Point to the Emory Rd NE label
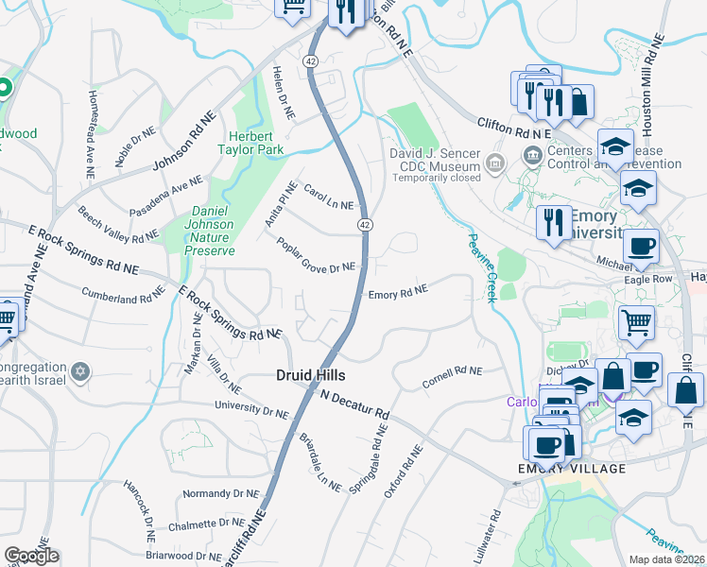tap(398, 293)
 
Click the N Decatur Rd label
tap(354, 404)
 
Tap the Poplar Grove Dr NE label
tap(315, 255)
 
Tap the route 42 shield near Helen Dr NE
tap(311, 60)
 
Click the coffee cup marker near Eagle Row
tap(640, 247)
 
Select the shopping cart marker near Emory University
tap(636, 322)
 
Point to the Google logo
tap(31, 555)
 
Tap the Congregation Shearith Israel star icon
tap(81, 369)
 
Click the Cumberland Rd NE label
tap(123, 295)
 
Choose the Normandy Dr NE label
tap(220, 493)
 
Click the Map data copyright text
tap(667, 559)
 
